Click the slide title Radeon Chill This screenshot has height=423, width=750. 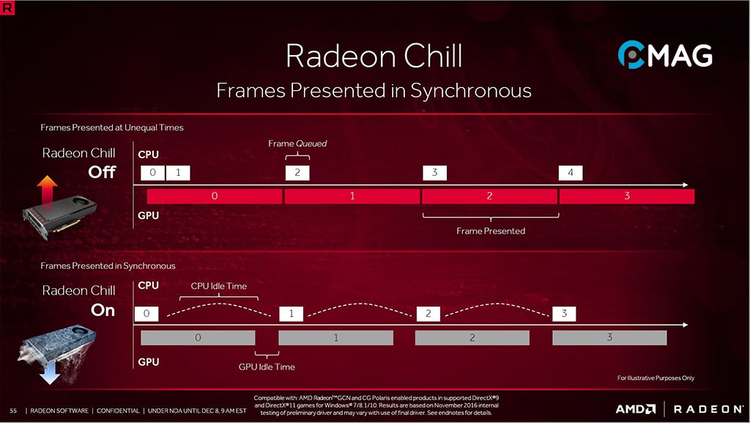click(x=374, y=56)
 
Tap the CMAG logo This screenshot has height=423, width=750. click(x=664, y=55)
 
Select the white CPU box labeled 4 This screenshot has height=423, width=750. click(x=571, y=173)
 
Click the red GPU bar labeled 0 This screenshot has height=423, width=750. click(x=214, y=196)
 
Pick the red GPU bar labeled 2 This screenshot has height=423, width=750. click(x=489, y=196)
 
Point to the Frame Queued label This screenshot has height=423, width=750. click(x=297, y=144)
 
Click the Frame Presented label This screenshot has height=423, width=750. click(x=490, y=231)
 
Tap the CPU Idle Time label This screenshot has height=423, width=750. click(x=219, y=286)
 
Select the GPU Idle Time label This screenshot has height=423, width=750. click(x=267, y=367)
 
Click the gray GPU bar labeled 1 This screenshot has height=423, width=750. click(x=335, y=338)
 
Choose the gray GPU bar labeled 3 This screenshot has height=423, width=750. click(x=609, y=338)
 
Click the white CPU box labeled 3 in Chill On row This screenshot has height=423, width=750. click(x=564, y=314)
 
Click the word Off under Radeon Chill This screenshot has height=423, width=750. click(x=102, y=173)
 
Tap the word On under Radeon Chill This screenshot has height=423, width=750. click(x=103, y=310)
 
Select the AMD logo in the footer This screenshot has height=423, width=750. click(x=634, y=409)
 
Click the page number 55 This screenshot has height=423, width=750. click(x=13, y=410)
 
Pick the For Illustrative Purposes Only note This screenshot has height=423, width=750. click(x=656, y=378)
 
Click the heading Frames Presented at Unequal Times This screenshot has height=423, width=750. click(x=112, y=128)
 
